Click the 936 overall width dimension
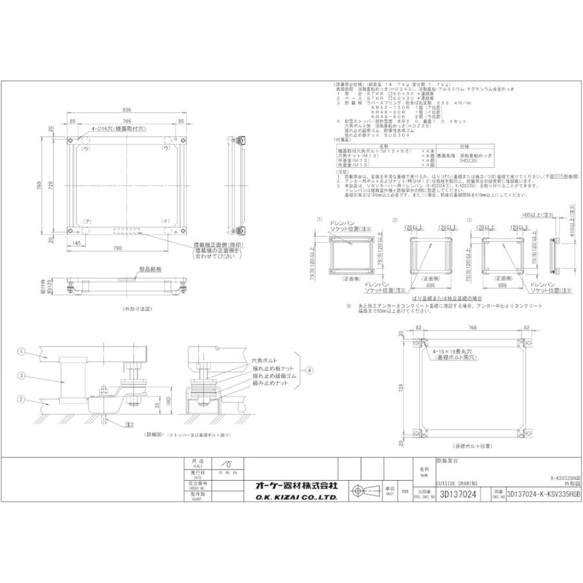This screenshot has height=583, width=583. (128, 111)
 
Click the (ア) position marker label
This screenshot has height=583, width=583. (87, 222)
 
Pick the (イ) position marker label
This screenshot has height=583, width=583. (166, 222)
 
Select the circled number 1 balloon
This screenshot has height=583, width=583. (21, 351)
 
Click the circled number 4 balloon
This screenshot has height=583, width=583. (309, 371)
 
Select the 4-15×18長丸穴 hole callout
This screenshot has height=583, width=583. (453, 350)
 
